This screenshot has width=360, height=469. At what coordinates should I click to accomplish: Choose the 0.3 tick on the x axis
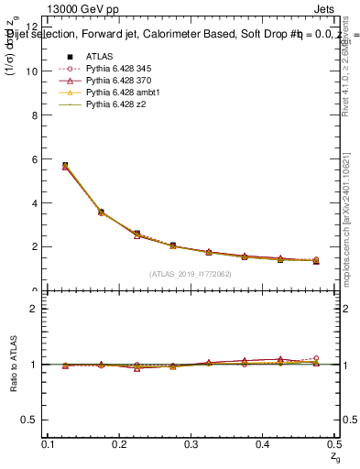(191, 444)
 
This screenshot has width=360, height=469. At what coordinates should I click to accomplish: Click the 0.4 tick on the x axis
(263, 444)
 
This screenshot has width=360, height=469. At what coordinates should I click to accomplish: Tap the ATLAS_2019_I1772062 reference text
(190, 274)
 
